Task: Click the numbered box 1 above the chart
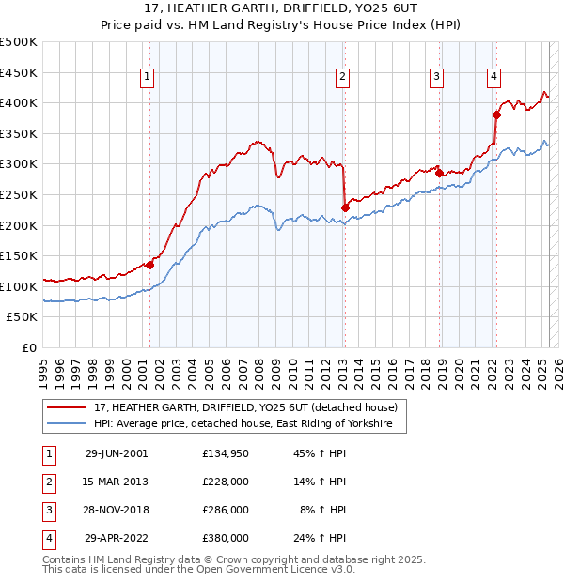pos(149,78)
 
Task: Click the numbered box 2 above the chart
pos(343,78)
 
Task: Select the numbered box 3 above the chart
pos(437,78)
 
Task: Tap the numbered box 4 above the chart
pos(493,78)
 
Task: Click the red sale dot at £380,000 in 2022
pos(496,115)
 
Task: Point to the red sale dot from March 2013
pos(345,207)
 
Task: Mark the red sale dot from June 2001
pos(149,265)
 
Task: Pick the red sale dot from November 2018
pos(439,173)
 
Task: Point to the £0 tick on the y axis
pos(30,347)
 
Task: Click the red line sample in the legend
pos(66,407)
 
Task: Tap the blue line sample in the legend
pos(66,424)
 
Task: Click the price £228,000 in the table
pos(225,482)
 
